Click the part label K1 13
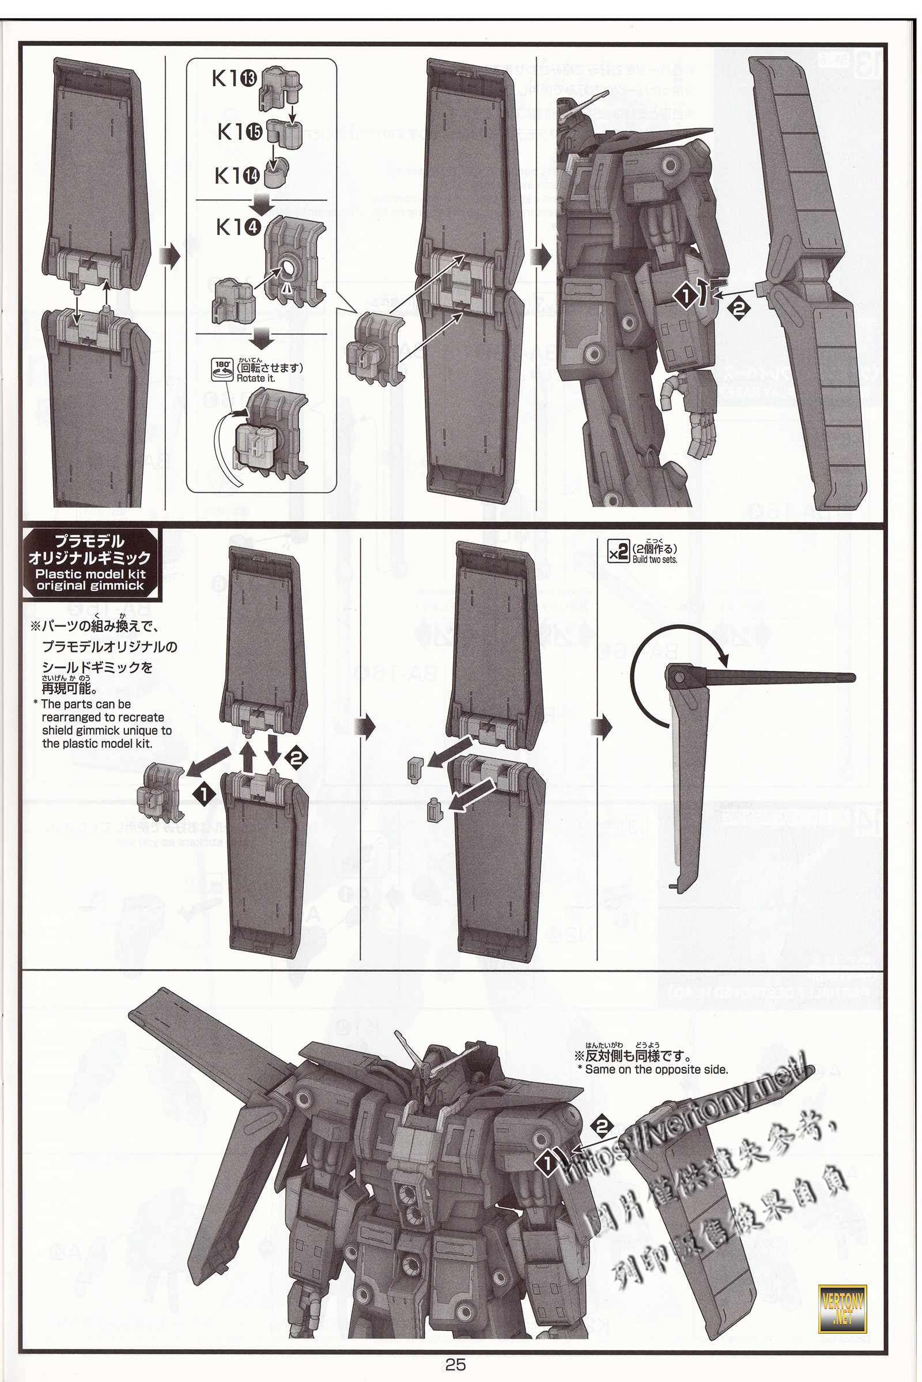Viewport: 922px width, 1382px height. (x=234, y=79)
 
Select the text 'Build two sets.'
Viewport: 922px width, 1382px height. (x=655, y=559)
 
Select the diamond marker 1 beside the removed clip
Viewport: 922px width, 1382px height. (x=203, y=793)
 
